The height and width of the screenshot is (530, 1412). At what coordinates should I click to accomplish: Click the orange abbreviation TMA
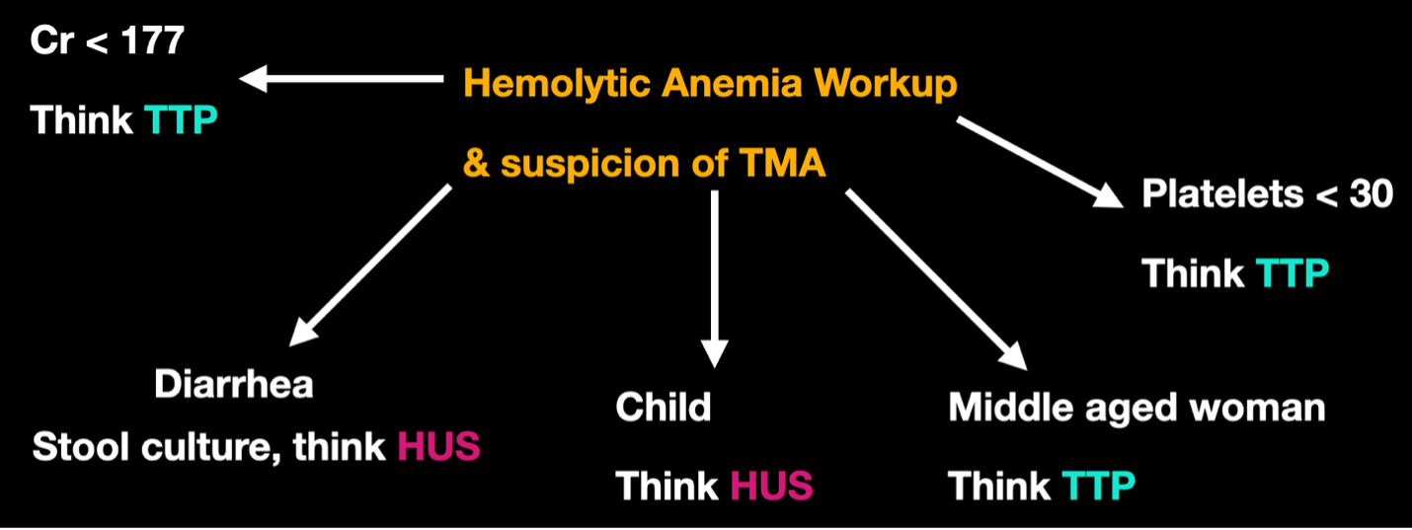pyautogui.click(x=781, y=164)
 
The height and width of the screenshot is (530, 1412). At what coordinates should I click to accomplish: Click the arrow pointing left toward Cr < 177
pyautogui.click(x=340, y=78)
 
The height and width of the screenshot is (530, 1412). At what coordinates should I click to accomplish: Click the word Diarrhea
pyautogui.click(x=234, y=384)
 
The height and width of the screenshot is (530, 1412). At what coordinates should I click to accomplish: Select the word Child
pyautogui.click(x=664, y=408)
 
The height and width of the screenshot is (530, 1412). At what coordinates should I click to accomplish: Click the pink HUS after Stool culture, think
pyautogui.click(x=438, y=447)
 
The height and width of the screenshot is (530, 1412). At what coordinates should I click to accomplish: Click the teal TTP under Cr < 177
pyautogui.click(x=181, y=120)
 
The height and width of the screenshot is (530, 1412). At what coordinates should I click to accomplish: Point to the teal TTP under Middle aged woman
pyautogui.click(x=1099, y=486)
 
